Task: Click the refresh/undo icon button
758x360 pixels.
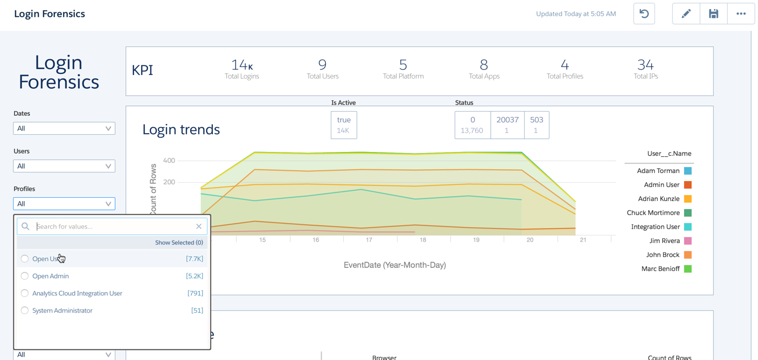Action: (x=644, y=14)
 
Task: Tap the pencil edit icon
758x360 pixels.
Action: (x=686, y=14)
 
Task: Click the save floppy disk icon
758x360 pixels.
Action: (x=713, y=14)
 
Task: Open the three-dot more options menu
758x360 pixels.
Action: (x=741, y=14)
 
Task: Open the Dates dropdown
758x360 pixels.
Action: (x=64, y=128)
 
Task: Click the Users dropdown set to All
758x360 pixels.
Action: (x=64, y=166)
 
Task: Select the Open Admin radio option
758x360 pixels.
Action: (x=25, y=276)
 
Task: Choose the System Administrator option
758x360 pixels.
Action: (x=25, y=310)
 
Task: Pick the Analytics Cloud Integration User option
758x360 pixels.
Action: (x=25, y=293)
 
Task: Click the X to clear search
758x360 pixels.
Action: (x=199, y=226)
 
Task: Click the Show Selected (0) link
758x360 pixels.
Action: (x=179, y=243)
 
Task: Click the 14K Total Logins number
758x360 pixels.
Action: (x=242, y=65)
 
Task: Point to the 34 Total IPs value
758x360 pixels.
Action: (x=645, y=65)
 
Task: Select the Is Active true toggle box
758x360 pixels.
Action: (x=344, y=125)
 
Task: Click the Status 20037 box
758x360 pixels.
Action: (x=507, y=125)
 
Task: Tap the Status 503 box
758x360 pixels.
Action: (x=536, y=125)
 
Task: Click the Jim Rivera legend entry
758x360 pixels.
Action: (x=664, y=241)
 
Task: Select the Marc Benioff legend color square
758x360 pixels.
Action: (x=688, y=269)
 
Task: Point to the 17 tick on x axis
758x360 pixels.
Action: (x=369, y=240)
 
